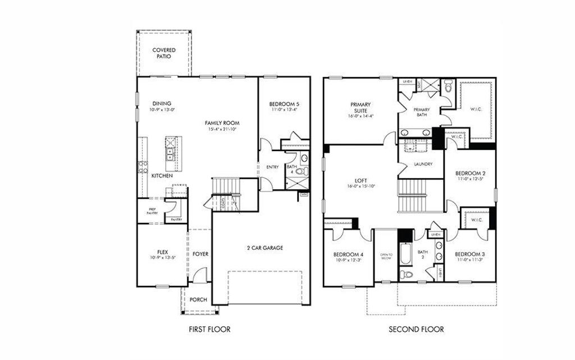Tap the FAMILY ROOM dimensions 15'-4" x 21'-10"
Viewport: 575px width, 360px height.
point(222,130)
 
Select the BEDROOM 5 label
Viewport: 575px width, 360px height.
point(284,104)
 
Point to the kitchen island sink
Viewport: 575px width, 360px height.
point(169,148)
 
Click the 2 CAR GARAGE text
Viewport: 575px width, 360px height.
point(264,248)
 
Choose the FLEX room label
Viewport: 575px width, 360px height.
point(163,251)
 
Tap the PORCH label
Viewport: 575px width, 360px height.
point(198,300)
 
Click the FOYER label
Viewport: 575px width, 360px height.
point(200,254)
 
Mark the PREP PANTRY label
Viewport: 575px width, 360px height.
point(152,210)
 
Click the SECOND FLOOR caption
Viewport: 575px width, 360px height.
point(417,329)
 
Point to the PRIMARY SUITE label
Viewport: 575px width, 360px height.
point(360,107)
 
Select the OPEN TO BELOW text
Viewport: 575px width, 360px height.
point(385,256)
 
